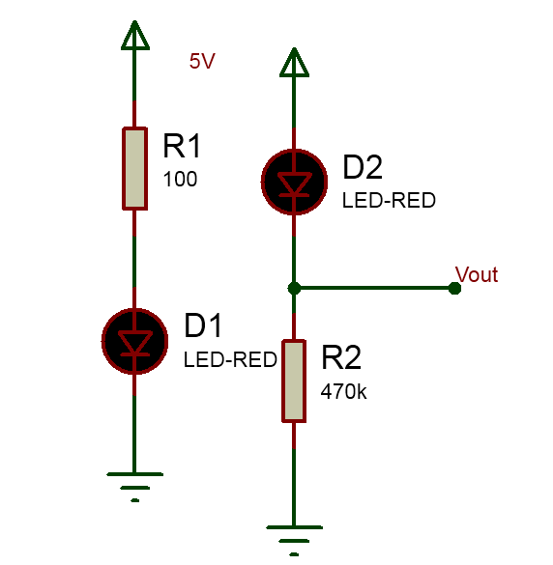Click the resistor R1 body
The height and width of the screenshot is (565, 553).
click(x=134, y=168)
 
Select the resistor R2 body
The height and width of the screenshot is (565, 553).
click(x=294, y=381)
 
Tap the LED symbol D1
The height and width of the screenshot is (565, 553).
click(x=134, y=341)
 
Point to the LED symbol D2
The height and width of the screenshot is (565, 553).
click(x=294, y=182)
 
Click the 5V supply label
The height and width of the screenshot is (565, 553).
click(x=202, y=61)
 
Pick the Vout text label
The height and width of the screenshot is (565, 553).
click(x=477, y=274)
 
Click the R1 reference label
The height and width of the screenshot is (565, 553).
click(x=182, y=146)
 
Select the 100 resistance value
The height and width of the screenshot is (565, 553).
click(x=180, y=179)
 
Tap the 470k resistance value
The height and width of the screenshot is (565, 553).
click(x=343, y=391)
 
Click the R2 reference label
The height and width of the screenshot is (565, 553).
click(x=341, y=357)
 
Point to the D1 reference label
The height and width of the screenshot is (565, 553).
click(x=202, y=325)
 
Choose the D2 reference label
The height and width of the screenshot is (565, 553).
click(x=363, y=167)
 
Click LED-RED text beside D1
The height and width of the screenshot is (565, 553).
click(x=230, y=359)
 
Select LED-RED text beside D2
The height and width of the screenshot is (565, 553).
click(x=389, y=200)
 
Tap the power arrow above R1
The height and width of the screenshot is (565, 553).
click(x=135, y=35)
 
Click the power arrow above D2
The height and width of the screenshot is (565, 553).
click(x=294, y=62)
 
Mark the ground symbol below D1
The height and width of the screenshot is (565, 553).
click(x=135, y=487)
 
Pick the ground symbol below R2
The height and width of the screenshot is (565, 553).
click(x=294, y=541)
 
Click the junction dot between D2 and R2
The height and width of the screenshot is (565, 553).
click(x=294, y=288)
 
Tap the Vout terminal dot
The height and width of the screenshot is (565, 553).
click(x=454, y=288)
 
